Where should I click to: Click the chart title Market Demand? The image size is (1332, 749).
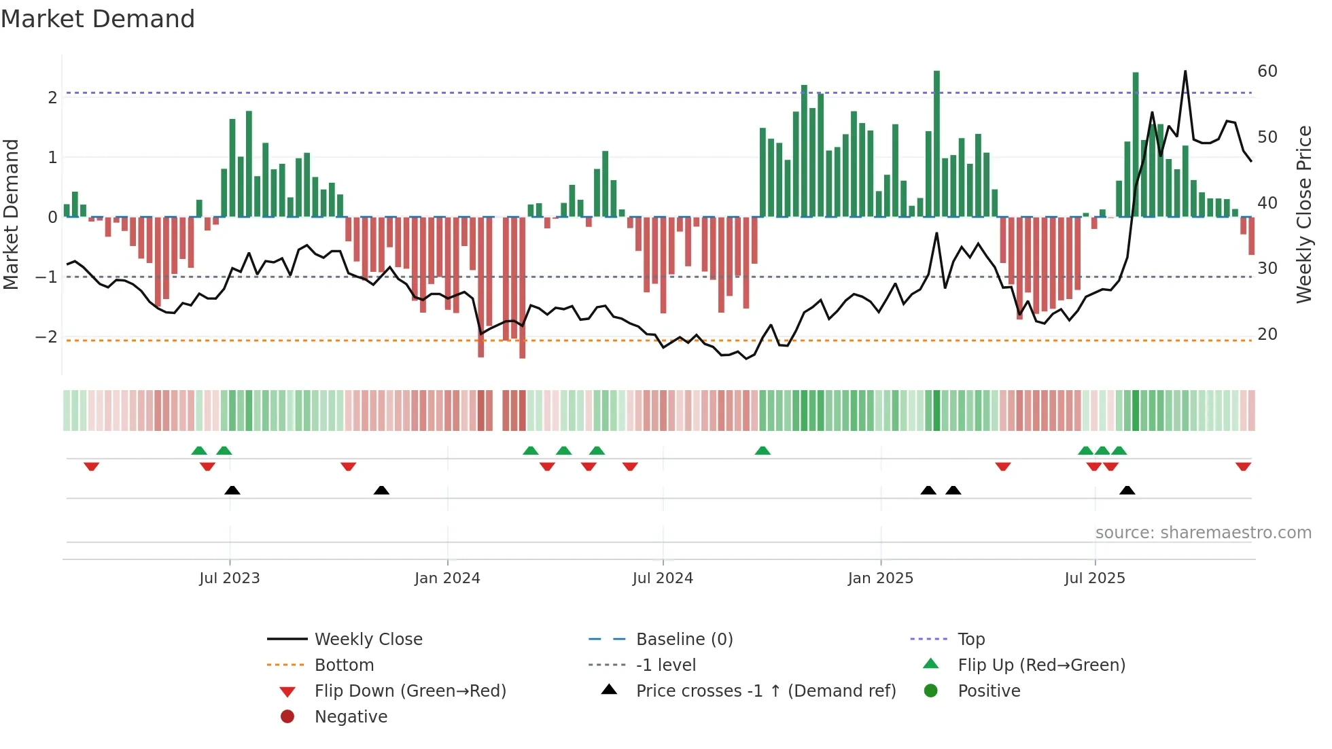coord(98,19)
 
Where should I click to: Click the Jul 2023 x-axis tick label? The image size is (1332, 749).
coord(229,578)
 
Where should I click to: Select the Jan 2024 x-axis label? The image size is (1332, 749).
coord(447,578)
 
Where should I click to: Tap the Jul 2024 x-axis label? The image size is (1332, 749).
coord(663,578)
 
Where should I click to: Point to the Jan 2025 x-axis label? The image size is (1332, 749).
coord(881,578)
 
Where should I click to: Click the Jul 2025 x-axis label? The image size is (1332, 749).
coord(1095,578)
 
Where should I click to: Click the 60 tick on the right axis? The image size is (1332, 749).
coord(1267,71)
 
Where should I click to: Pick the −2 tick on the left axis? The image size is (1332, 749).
coord(46,337)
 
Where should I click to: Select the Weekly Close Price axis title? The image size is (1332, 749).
coord(1303,214)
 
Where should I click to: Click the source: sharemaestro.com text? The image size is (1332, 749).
coord(1203,533)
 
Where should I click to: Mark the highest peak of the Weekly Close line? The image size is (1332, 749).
coord(1185,71)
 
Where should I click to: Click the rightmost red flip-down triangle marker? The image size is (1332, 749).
coord(1243,467)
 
